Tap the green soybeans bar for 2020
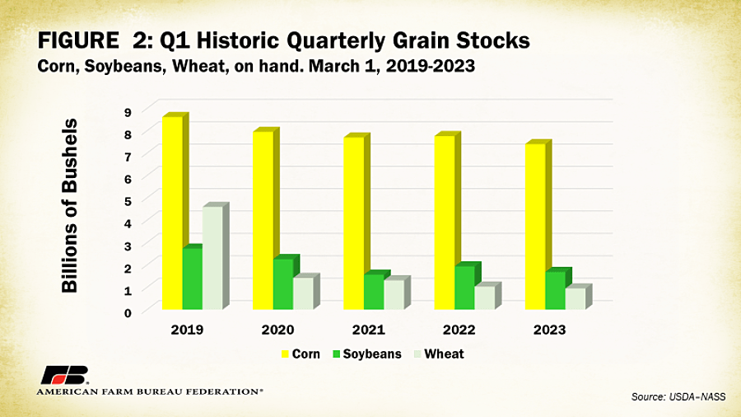[282, 283]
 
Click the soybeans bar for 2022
[464, 288]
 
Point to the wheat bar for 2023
[575, 298]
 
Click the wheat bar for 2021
[394, 294]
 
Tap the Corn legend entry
[300, 354]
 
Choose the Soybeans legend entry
[367, 354]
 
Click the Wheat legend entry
[438, 354]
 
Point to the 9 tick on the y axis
[128, 110]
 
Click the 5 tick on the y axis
[128, 200]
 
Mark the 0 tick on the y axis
[128, 312]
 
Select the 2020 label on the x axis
[277, 330]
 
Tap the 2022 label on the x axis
[459, 330]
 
